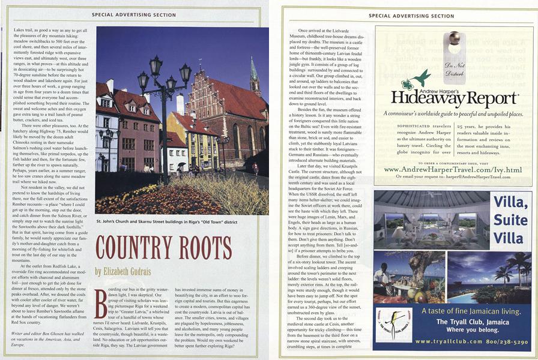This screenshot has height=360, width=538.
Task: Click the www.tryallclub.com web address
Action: point(448,342)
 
